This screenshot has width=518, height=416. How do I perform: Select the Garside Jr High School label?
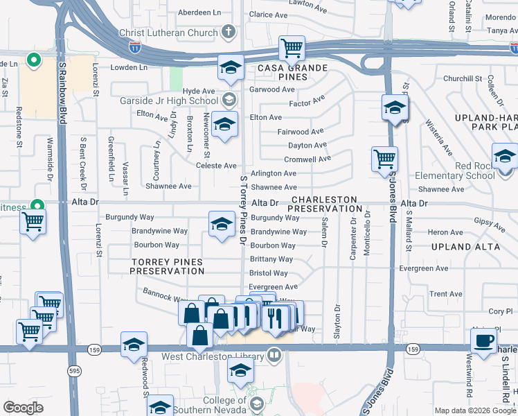point(169,101)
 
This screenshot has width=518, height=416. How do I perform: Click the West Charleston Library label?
point(213,357)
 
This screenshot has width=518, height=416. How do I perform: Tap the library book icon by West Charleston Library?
point(275,357)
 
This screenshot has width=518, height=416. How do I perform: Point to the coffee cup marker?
point(483,340)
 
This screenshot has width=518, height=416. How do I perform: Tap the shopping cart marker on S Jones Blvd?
point(384,158)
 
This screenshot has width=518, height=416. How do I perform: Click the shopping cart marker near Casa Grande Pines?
point(292,48)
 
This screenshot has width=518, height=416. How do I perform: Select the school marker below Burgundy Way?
point(222,224)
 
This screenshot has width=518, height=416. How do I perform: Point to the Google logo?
point(23,408)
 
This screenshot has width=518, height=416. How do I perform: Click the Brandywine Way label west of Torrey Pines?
point(160,231)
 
